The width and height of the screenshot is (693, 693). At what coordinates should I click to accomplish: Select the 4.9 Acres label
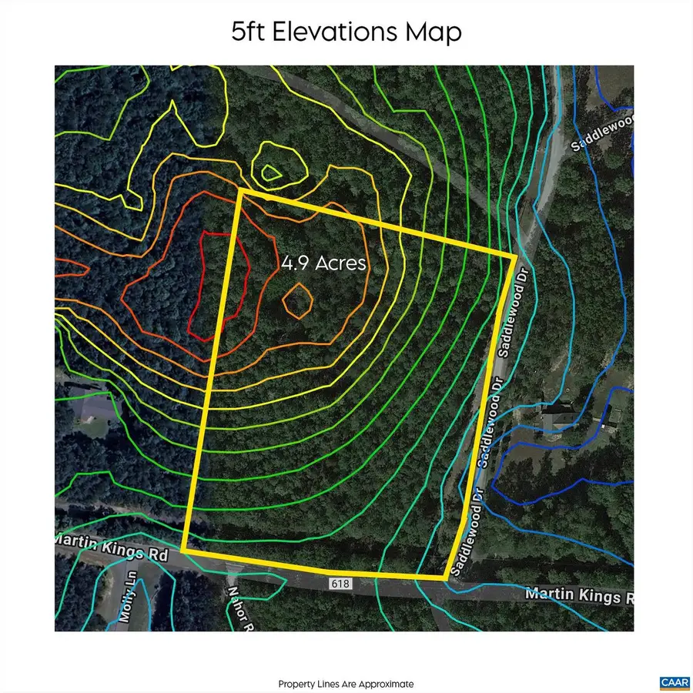pos(323,263)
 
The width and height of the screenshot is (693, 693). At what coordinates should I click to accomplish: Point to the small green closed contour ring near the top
pos(270,173)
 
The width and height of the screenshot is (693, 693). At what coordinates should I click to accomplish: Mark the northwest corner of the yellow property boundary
pos(242,190)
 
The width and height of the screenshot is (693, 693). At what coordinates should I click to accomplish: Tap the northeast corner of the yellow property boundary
pos(515,256)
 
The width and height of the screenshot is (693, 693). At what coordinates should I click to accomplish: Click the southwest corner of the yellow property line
pos(183,550)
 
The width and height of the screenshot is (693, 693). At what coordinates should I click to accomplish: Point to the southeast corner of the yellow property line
pos(446,577)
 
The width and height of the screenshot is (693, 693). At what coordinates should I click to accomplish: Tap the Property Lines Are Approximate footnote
pos(346,684)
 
